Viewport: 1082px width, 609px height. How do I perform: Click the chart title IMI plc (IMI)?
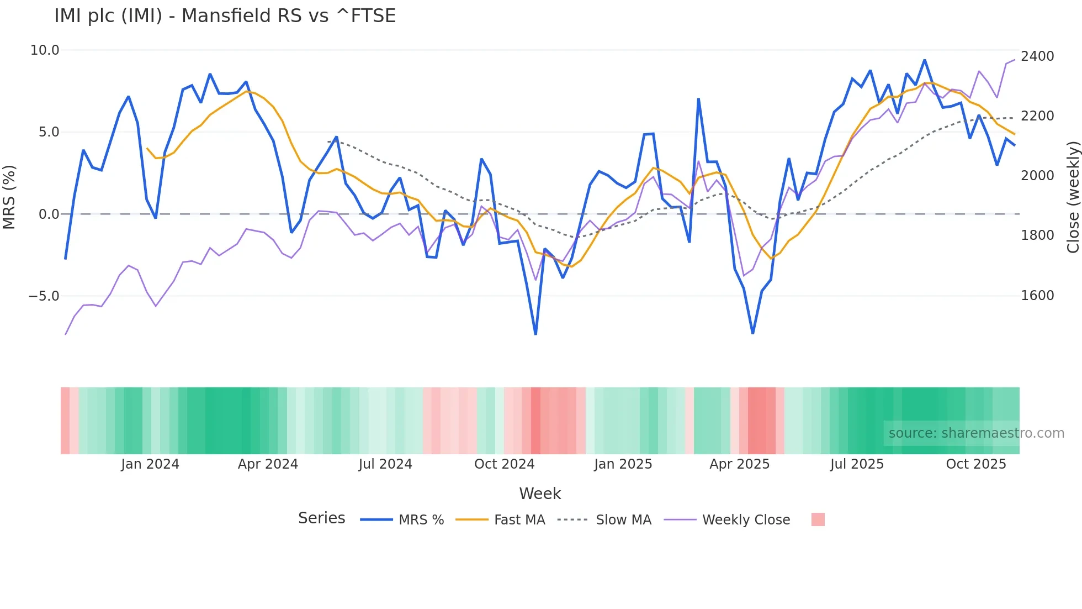[225, 16]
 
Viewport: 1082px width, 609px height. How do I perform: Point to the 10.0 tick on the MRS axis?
[45, 50]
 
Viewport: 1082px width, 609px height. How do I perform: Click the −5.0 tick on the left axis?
[44, 296]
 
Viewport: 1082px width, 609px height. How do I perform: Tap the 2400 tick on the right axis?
[1037, 56]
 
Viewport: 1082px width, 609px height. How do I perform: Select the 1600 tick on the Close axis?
[1037, 296]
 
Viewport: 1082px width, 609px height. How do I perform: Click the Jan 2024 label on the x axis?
[150, 464]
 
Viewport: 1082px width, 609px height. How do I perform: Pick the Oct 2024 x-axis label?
[505, 464]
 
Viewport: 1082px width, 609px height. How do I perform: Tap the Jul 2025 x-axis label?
[857, 464]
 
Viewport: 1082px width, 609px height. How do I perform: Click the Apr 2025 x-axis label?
[740, 464]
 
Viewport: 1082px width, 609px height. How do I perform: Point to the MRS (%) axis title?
[9, 197]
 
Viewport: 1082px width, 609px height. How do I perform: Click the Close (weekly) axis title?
[1073, 197]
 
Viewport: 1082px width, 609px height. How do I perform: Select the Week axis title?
[540, 494]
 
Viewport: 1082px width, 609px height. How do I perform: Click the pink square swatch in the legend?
[818, 519]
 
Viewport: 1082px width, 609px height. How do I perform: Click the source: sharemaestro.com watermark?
[976, 433]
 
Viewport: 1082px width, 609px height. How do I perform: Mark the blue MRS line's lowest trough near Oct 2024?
[535, 334]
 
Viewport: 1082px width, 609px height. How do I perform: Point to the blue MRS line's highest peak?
[925, 60]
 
